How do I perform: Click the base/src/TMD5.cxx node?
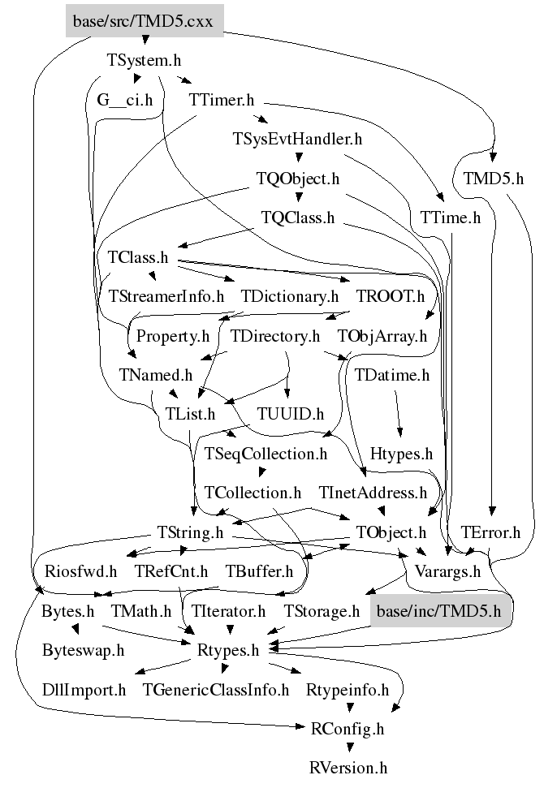143,22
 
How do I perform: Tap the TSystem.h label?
144,60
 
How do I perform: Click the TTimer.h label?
222,100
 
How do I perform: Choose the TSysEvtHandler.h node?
296,139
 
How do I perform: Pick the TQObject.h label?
297,179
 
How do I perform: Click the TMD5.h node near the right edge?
494,179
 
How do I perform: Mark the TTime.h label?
451,217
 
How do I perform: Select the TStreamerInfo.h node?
166,296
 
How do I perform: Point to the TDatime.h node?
392,375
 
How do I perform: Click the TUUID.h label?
290,414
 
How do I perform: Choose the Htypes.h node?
401,454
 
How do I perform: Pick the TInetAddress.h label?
373,493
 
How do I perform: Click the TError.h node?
490,532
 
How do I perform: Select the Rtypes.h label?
228,650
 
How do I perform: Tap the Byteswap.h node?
84,650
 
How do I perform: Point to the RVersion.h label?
348,768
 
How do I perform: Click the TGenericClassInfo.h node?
216,690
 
